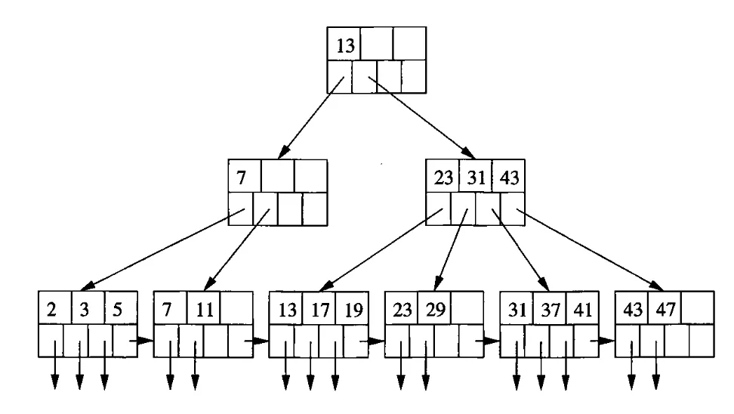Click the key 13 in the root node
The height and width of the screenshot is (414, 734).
344,45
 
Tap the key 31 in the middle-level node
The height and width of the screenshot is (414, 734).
475,178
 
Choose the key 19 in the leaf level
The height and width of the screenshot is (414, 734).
351,310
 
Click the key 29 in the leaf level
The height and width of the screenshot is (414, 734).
433,310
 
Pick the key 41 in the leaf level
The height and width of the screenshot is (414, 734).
582,310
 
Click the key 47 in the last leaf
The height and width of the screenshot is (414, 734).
665,310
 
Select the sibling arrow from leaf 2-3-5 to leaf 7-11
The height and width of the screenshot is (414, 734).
141,341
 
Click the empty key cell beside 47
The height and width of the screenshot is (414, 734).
697,310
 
